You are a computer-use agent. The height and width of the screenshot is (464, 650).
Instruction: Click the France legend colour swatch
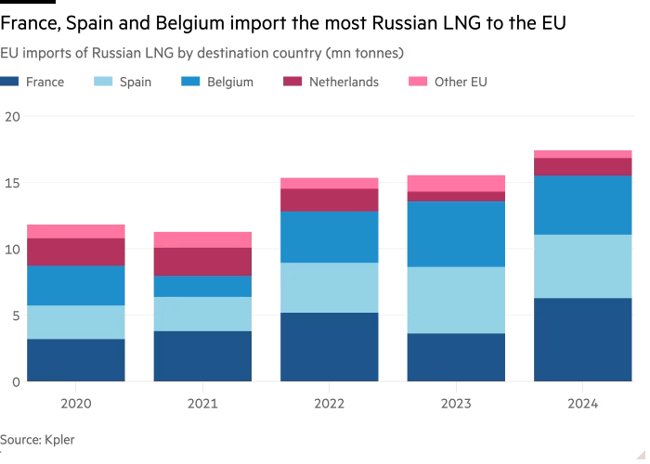pos(10,82)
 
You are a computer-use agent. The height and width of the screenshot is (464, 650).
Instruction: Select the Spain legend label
pos(136,82)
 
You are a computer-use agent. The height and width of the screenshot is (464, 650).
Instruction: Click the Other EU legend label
pos(461,82)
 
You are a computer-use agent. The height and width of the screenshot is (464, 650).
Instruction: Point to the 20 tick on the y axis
pos(11,117)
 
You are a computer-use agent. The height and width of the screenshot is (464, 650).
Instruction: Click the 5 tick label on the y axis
pos(15,316)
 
